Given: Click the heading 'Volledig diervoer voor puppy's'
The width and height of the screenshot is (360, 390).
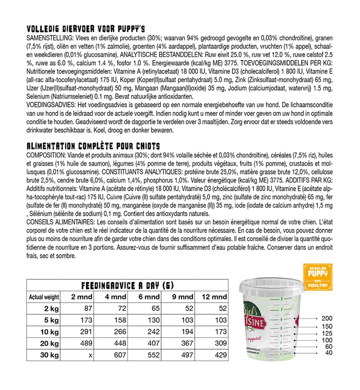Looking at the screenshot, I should click(86, 29).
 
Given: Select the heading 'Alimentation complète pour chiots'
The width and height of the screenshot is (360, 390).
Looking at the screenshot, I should click(93, 146).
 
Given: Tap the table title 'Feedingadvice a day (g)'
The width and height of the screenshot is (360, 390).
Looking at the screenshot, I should click(127, 285).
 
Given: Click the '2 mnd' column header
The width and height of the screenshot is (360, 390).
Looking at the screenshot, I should click(82, 297).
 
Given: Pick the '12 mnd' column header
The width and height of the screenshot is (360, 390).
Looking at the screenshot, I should click(214, 297).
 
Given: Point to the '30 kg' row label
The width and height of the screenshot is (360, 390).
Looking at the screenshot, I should click(49, 355).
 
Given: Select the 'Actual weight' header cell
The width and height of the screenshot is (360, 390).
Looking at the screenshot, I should click(44, 297).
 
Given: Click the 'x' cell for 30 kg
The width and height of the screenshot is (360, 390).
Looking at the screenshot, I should click(90, 355).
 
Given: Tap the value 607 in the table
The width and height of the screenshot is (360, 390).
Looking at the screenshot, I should click(120, 355).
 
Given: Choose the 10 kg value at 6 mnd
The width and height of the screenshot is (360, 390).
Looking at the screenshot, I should click(154, 332).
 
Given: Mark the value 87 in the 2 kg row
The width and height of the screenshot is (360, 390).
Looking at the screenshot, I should click(88, 308).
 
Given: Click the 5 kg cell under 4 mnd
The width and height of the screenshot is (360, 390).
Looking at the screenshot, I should click(120, 320).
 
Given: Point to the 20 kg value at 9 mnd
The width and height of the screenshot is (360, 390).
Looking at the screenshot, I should click(187, 343).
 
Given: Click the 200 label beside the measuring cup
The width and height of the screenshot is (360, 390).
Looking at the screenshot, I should click(327, 318).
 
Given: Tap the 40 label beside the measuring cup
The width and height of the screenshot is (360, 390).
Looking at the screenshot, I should click(329, 353).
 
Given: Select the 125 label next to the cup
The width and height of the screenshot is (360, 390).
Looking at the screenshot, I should click(327, 334).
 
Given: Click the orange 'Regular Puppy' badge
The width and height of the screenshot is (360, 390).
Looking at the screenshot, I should click(318, 277).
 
